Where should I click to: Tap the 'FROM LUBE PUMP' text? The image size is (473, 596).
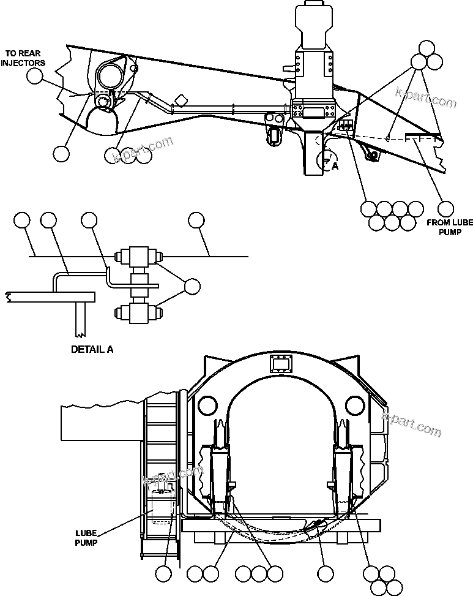click(450, 228)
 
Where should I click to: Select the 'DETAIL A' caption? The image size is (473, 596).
click(92, 350)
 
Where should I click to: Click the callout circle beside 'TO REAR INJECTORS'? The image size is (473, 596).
click(35, 76)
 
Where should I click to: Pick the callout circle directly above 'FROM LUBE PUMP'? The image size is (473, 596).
click(446, 208)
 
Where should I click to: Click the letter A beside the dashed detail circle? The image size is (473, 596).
click(335, 165)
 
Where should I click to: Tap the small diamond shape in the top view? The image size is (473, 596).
click(181, 100)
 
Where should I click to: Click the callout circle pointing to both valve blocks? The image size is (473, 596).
click(192, 286)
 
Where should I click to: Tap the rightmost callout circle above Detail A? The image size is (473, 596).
click(196, 220)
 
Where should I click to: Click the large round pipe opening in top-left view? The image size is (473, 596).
click(110, 77)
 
